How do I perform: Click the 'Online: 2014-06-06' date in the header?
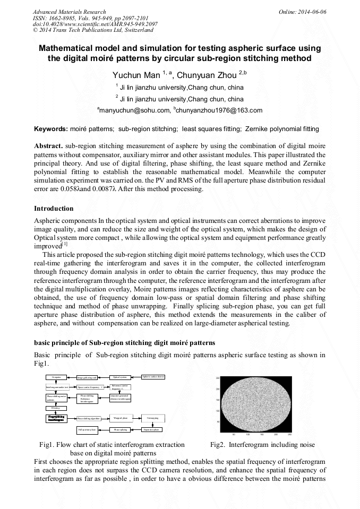tap(303, 11)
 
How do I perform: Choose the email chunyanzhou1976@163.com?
tap(220, 110)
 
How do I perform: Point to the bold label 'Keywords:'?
tap(51, 129)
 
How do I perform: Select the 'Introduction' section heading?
tap(54, 208)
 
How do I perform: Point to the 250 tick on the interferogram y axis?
tap(217, 378)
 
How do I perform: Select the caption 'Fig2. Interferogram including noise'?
tap(262, 444)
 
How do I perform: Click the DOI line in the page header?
tap(95, 24)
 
